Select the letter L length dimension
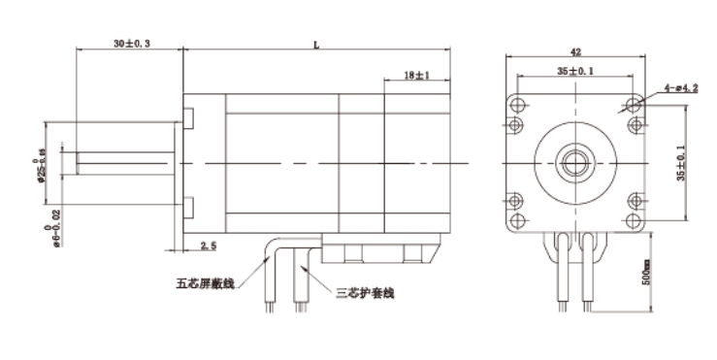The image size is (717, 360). tap(316, 44)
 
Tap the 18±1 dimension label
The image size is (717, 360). tap(415, 75)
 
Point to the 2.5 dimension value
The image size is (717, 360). tap(208, 247)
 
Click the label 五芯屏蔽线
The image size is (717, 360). tap(206, 284)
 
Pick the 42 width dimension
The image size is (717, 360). tap(574, 54)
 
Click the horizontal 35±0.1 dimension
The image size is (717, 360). tap(575, 71)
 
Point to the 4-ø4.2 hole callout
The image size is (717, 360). tap(681, 88)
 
